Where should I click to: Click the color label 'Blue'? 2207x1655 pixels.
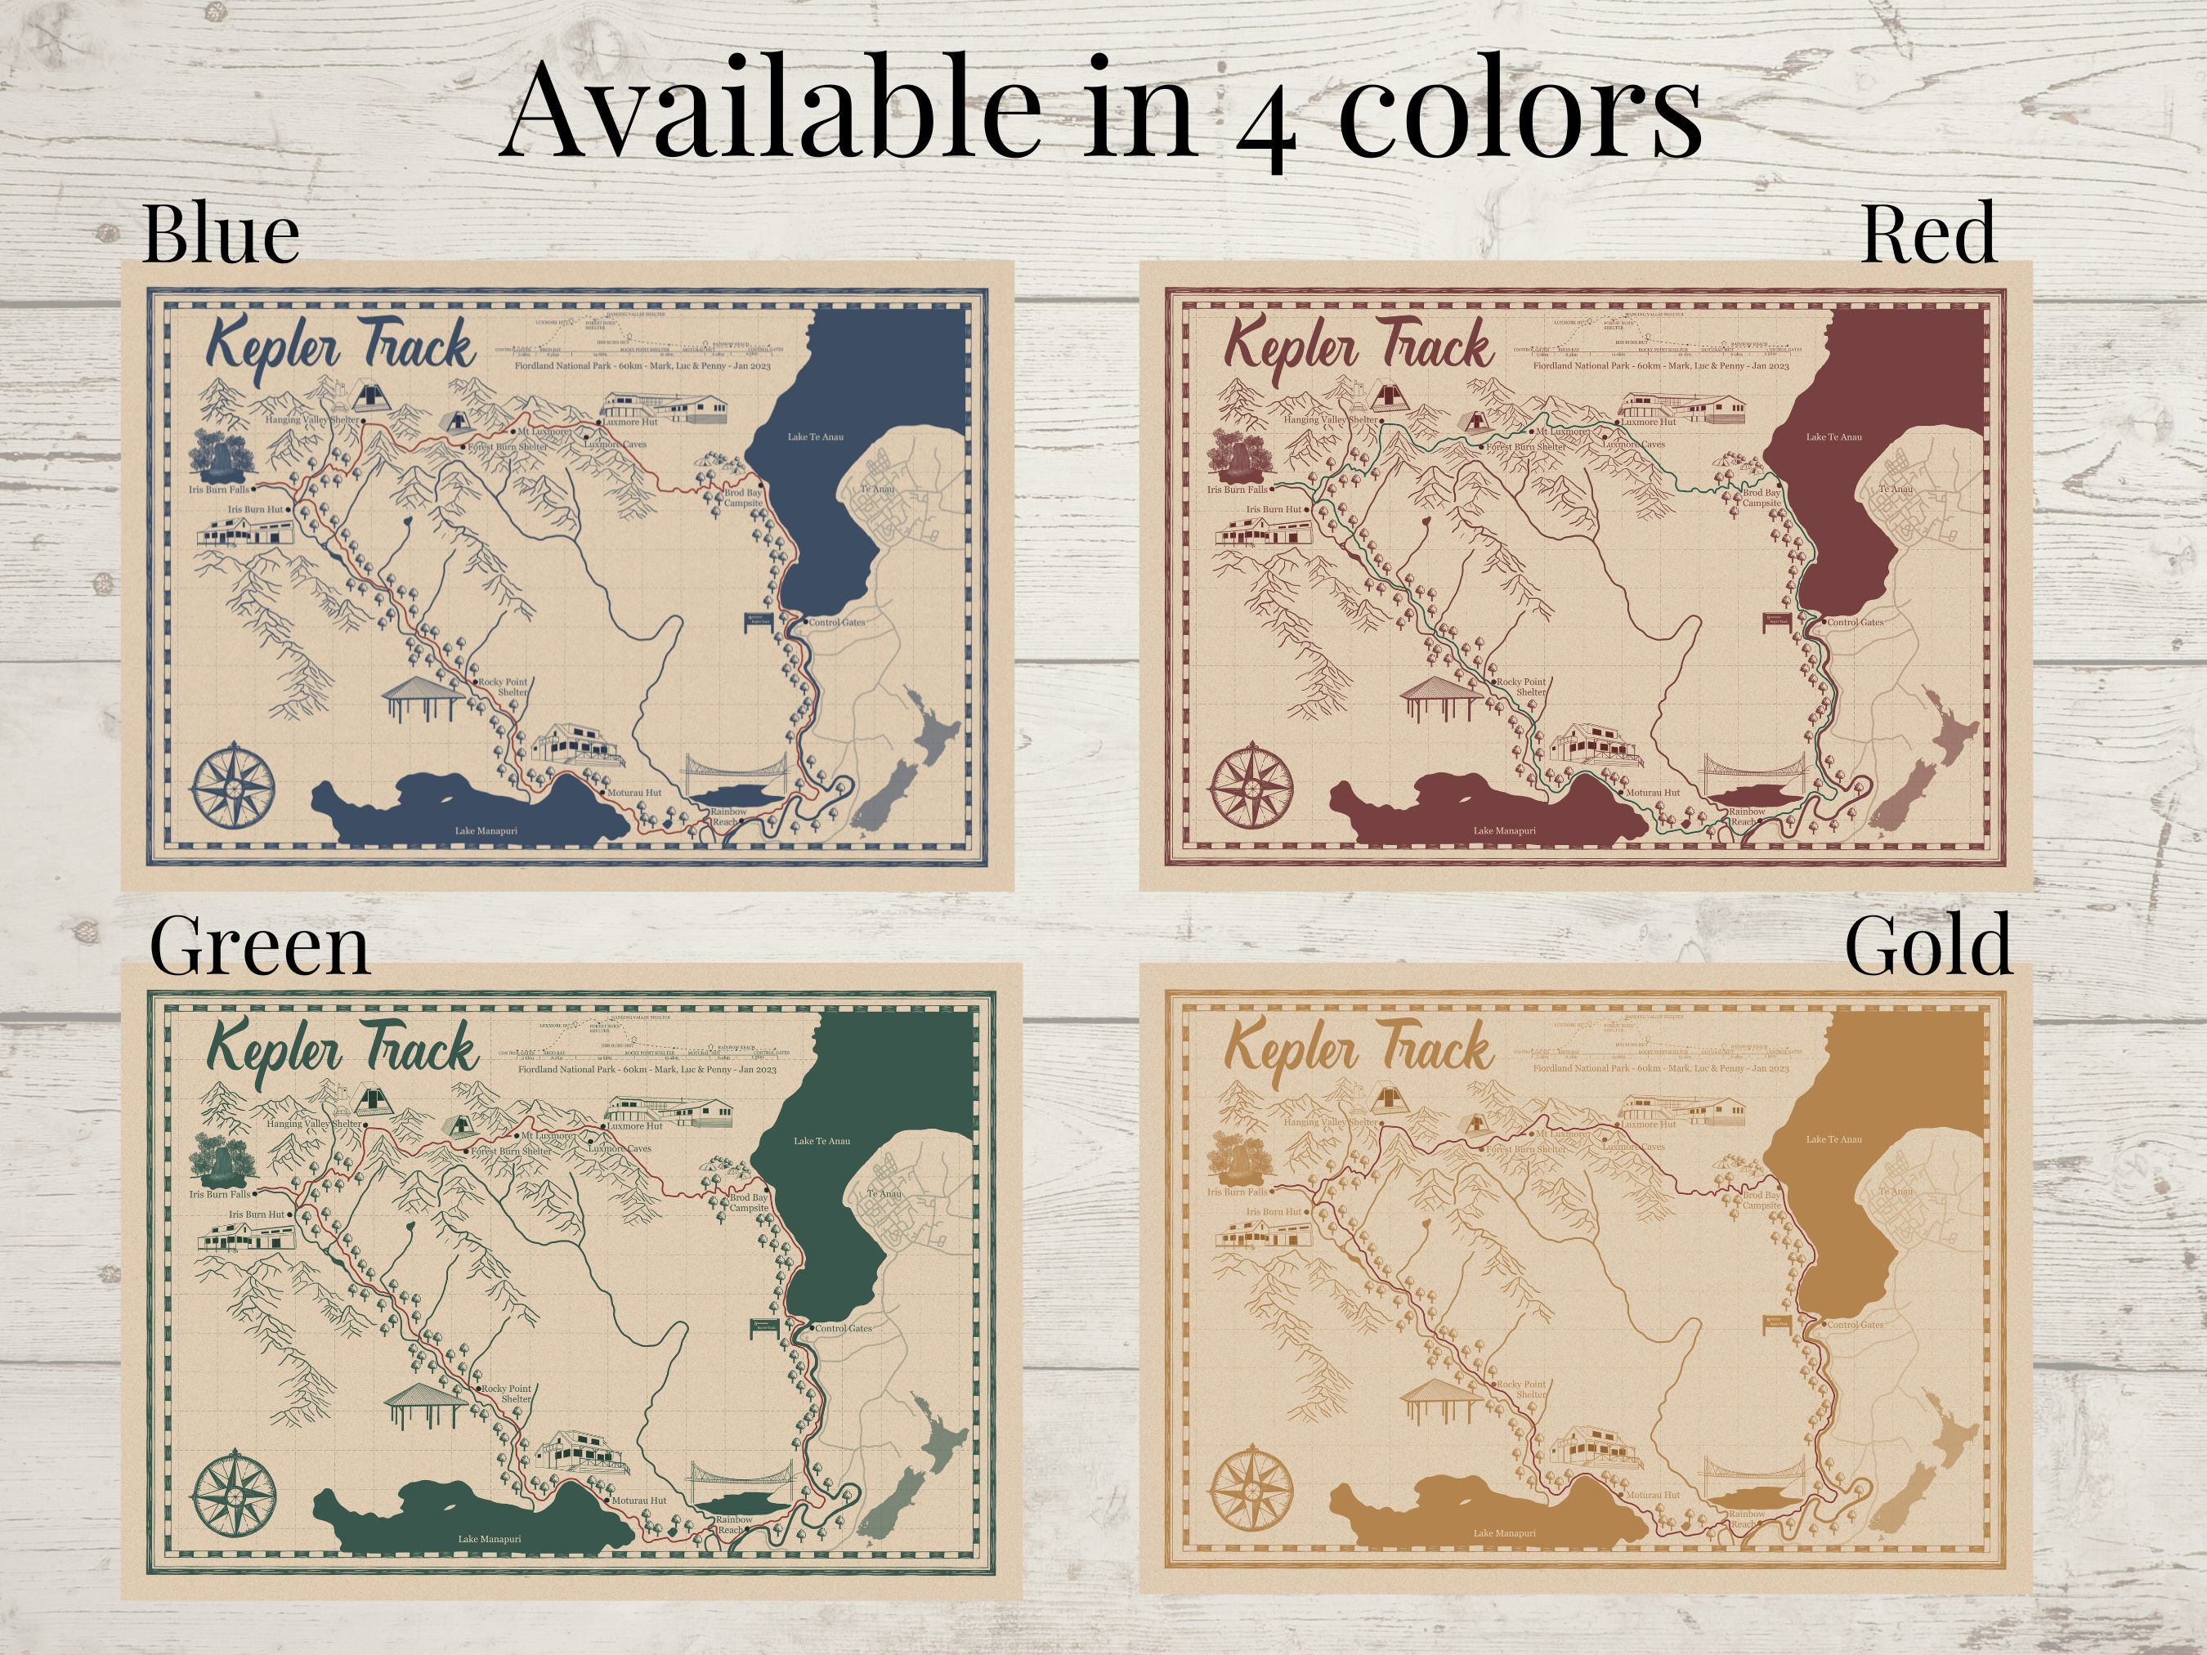221,235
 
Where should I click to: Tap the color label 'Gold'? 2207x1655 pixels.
1927,945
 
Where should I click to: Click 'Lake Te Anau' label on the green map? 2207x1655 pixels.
822,1140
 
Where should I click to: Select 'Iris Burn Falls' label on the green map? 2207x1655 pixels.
220,1194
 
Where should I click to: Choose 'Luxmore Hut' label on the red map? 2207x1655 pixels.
1648,422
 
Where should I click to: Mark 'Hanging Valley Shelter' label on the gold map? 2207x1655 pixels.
1331,1122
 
